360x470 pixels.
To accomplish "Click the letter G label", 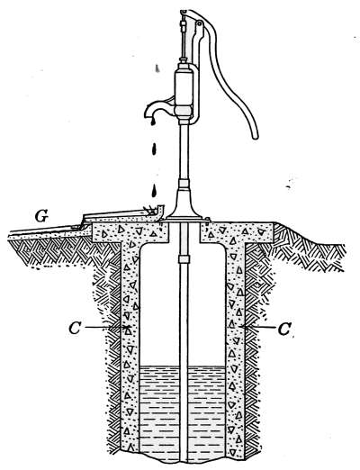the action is pyautogui.click(x=41, y=216).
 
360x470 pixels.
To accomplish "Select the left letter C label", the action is pyautogui.click(x=75, y=329).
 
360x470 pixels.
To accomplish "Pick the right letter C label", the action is pyautogui.click(x=283, y=330).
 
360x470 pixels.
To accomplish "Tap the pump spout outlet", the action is pyautogui.click(x=149, y=114).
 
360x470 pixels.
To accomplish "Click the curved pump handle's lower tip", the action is pyautogui.click(x=255, y=137).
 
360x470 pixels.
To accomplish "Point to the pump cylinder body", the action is pyautogui.click(x=184, y=87).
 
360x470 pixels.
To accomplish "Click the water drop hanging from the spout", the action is pyautogui.click(x=153, y=122).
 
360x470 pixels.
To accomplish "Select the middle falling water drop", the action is pyautogui.click(x=154, y=149).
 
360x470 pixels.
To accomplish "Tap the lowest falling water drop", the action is pyautogui.click(x=154, y=191).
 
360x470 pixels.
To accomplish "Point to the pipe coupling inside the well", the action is pyautogui.click(x=184, y=259).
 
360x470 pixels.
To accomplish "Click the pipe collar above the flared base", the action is pyautogui.click(x=184, y=184).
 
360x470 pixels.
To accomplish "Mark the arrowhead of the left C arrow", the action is pyautogui.click(x=129, y=327).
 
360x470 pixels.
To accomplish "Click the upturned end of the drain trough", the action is pyautogui.click(x=161, y=211).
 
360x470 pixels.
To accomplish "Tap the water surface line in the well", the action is pyautogui.click(x=183, y=366).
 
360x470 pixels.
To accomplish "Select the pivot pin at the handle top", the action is pyautogui.click(x=199, y=23).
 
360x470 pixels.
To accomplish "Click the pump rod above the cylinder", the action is pyautogui.click(x=183, y=39).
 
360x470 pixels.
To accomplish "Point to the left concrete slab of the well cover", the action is pyautogui.click(x=130, y=232).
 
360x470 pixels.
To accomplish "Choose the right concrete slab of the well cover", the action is pyautogui.click(x=237, y=232).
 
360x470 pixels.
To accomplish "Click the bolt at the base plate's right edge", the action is pyautogui.click(x=208, y=220).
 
